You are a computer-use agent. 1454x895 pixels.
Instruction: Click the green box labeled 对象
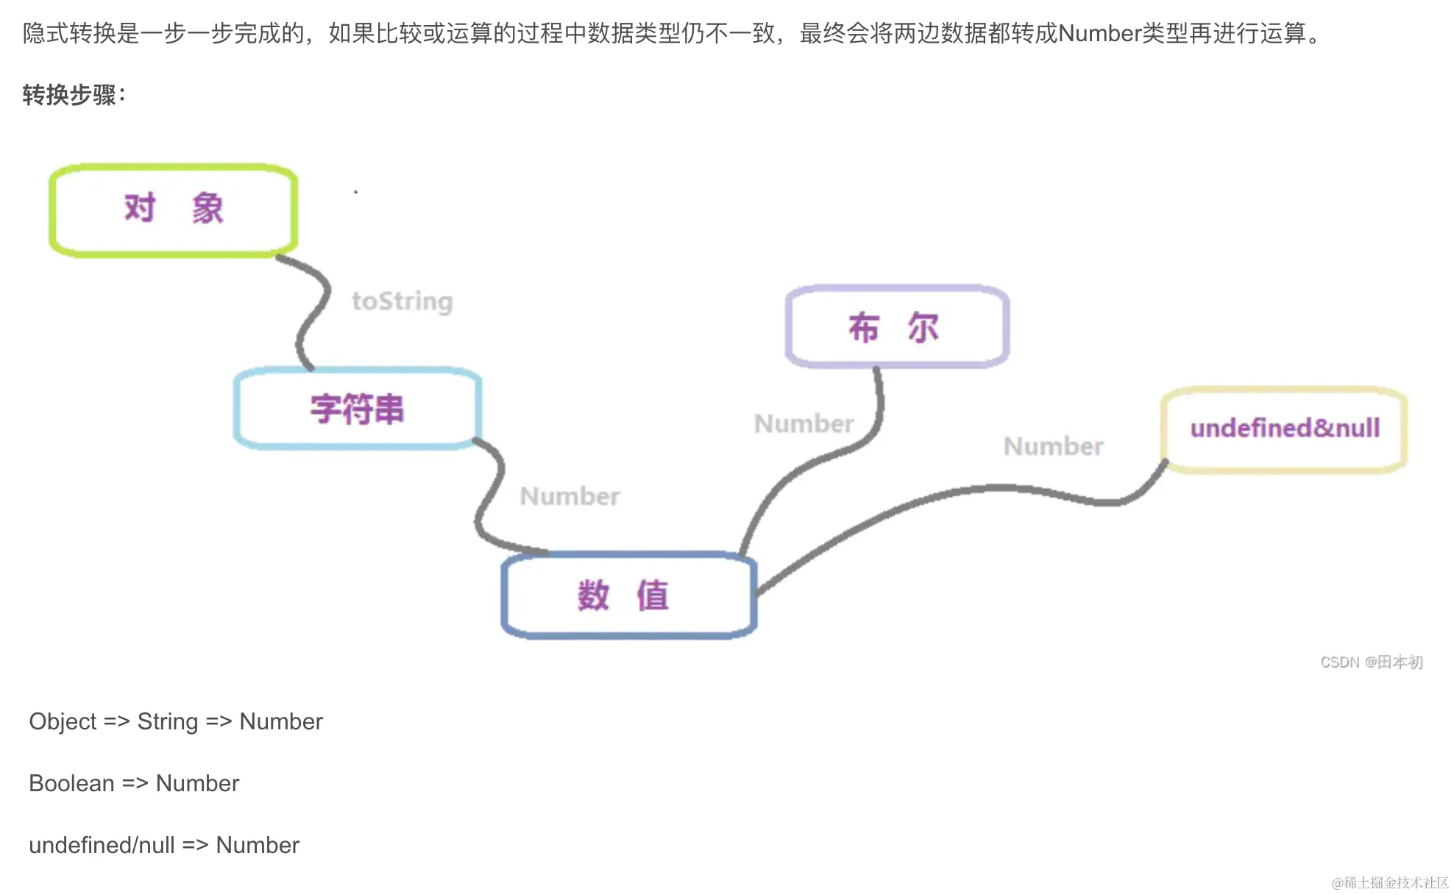(x=174, y=210)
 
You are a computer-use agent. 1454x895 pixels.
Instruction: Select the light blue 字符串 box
(x=358, y=408)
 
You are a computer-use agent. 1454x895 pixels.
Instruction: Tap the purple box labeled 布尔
(x=896, y=327)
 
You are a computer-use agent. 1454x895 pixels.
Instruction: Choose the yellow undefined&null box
(x=1284, y=428)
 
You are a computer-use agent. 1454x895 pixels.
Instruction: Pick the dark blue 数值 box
(x=629, y=595)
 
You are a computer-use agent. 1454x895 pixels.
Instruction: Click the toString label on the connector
(x=402, y=301)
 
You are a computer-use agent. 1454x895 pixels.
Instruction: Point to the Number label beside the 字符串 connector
(x=570, y=496)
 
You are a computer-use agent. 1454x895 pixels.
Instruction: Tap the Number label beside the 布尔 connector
(x=804, y=423)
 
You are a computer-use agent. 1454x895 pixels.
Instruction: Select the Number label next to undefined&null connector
(x=1053, y=446)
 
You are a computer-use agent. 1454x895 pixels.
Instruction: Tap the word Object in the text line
(x=63, y=721)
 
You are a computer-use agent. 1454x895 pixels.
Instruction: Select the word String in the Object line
(x=168, y=721)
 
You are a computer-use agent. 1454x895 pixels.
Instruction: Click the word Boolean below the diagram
(x=71, y=783)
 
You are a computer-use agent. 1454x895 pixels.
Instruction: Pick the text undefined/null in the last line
(x=102, y=845)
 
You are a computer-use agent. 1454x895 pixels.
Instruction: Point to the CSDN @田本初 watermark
(x=1371, y=662)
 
